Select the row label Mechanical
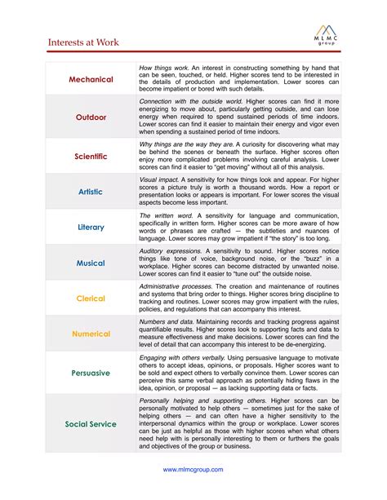pyautogui.click(x=91, y=80)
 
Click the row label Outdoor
pyautogui.click(x=91, y=117)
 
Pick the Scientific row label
pyautogui.click(x=91, y=155)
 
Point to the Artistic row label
pyautogui.click(x=91, y=192)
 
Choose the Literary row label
pyautogui.click(x=91, y=228)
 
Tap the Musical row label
pyautogui.click(x=91, y=263)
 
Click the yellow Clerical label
pyautogui.click(x=91, y=299)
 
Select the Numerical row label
pyautogui.click(x=91, y=334)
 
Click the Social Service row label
pyautogui.click(x=91, y=424)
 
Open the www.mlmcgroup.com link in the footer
pyautogui.click(x=193, y=470)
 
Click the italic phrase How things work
pyautogui.click(x=167, y=67)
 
